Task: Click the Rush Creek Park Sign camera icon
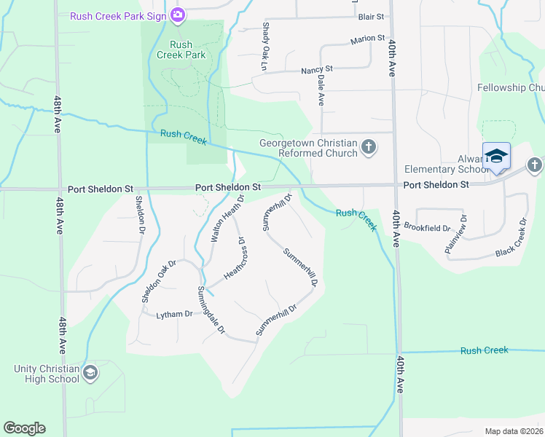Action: coord(177,15)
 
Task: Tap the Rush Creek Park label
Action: coord(187,50)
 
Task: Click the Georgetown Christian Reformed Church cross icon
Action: coord(369,147)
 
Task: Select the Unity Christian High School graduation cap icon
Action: coord(90,374)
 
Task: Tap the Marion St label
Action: coord(367,38)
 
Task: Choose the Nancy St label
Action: coord(317,69)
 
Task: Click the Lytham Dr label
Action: coord(174,314)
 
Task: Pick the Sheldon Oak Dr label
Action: coord(159,281)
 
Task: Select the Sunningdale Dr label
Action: coord(211,310)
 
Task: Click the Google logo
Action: coord(24,428)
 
